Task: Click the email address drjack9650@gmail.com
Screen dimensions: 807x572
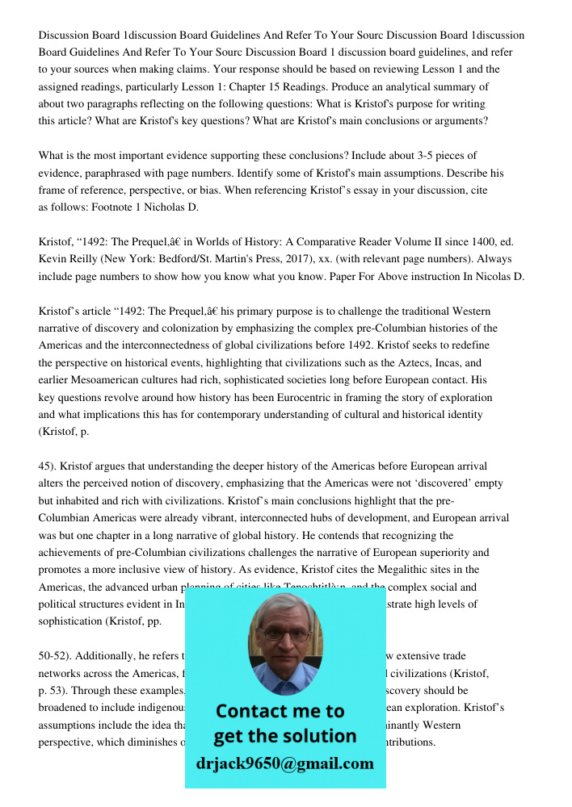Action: click(x=284, y=763)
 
